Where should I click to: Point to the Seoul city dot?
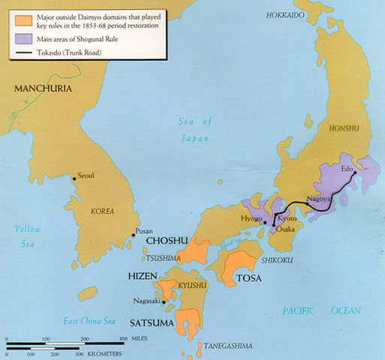[74, 178]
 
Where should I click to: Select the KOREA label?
[102, 212]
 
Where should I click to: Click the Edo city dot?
[355, 172]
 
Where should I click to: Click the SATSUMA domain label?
[150, 323]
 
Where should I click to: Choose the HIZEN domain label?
[143, 277]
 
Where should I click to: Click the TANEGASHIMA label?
[227, 346]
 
